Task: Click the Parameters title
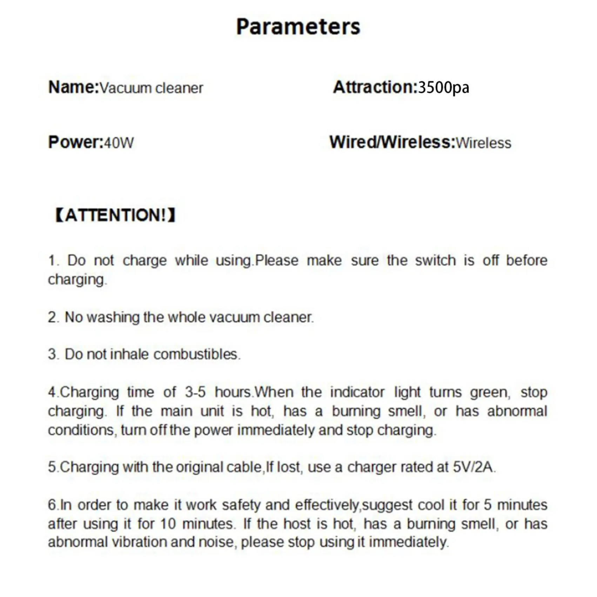(298, 27)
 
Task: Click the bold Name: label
(73, 87)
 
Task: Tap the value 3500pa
(443, 88)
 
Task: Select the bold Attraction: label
(375, 87)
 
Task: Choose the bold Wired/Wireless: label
(392, 142)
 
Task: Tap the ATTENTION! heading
(115, 215)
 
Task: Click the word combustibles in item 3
(196, 354)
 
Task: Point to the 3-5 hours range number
(195, 392)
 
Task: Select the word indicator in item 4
(357, 392)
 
